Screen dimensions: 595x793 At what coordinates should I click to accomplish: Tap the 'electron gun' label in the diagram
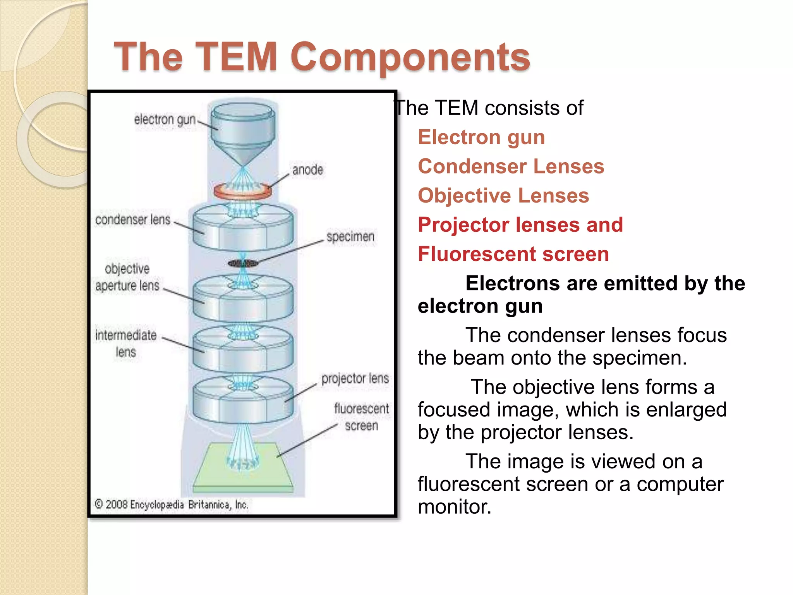point(165,120)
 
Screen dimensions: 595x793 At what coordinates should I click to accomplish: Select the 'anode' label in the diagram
point(307,170)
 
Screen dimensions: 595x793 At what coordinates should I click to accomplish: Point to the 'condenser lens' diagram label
point(133,220)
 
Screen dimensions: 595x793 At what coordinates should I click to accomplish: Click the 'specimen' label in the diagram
point(350,237)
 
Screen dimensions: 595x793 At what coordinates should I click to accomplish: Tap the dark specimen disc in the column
point(243,264)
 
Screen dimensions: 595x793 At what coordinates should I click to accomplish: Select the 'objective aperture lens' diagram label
point(127,277)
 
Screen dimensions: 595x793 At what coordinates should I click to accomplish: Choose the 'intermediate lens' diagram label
point(126,343)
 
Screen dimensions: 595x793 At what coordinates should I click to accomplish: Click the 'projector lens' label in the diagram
point(355,378)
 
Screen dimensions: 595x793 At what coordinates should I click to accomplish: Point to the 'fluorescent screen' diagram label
point(361,417)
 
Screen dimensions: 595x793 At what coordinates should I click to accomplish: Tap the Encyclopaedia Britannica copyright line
point(171,505)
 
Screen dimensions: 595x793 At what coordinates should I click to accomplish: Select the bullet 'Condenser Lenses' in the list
point(511,167)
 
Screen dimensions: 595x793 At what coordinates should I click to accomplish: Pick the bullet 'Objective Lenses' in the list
point(503,196)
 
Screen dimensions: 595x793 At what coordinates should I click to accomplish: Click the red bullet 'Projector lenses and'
point(520,225)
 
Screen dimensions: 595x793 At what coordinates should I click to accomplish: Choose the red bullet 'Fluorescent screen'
point(513,255)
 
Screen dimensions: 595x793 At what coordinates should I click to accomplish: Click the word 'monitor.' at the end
point(454,507)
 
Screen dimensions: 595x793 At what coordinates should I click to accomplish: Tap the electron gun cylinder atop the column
point(243,124)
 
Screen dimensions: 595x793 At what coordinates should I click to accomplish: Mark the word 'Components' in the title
point(410,57)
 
